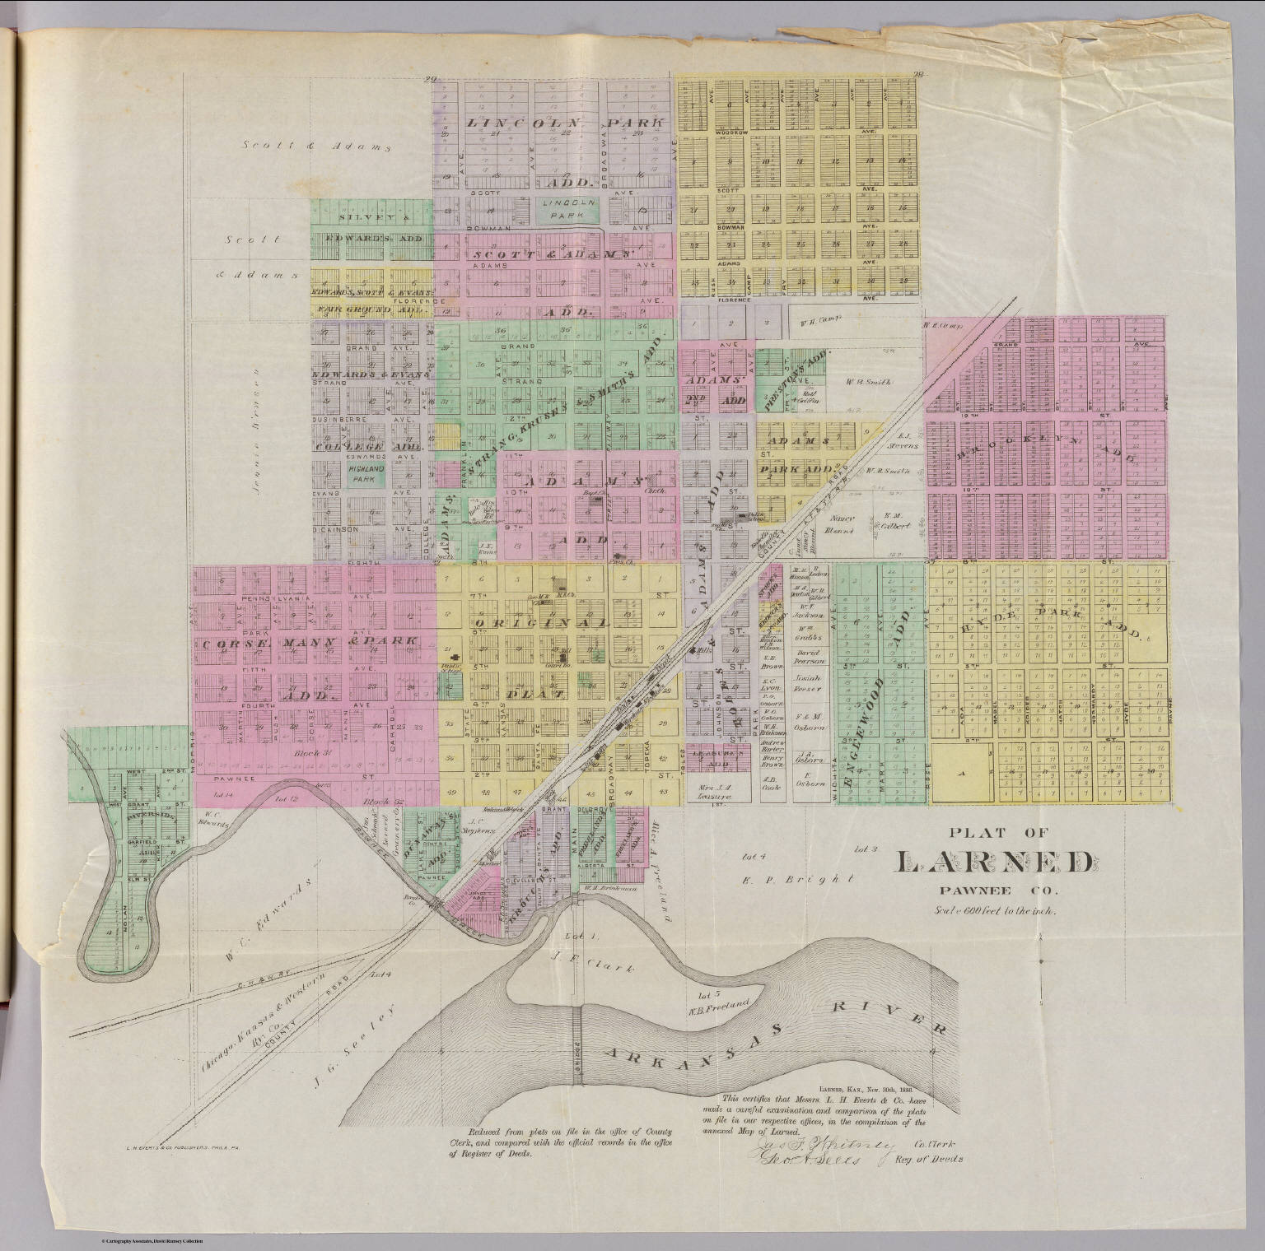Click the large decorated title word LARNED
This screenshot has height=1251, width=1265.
pos(995,862)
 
